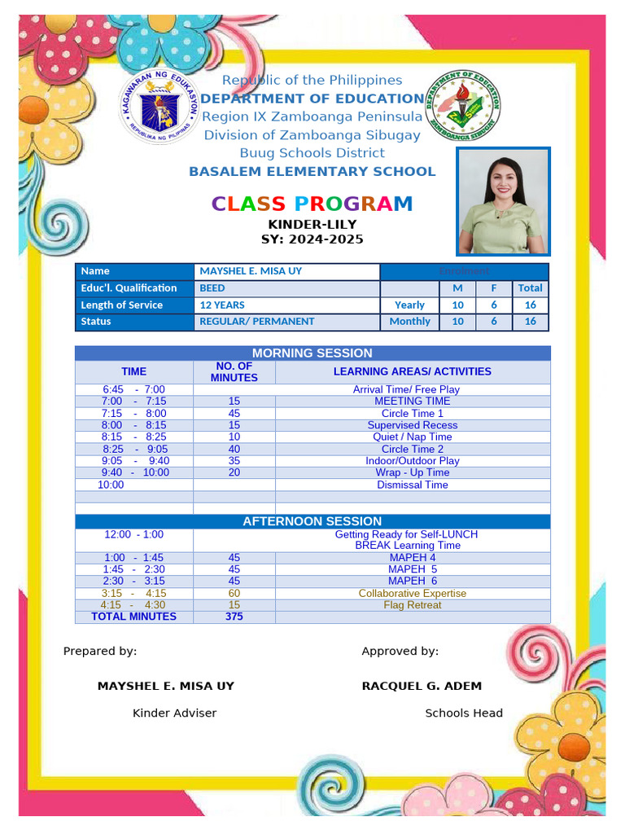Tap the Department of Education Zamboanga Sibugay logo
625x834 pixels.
tap(463, 106)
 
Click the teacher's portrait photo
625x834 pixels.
tap(504, 201)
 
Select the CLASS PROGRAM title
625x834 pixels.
tap(312, 204)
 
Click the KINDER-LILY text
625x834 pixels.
tap(312, 224)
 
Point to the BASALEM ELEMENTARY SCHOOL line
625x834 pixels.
tap(312, 171)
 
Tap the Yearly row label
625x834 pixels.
tap(409, 305)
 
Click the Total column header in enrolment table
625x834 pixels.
tap(530, 288)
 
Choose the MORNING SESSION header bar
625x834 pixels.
tap(312, 353)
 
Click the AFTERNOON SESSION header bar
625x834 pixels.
tap(312, 521)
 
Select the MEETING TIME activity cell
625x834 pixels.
tap(412, 401)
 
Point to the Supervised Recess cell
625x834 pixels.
tap(412, 425)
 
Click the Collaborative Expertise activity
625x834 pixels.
tap(412, 593)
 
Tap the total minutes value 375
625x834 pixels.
tap(234, 617)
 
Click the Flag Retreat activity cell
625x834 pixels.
tap(412, 605)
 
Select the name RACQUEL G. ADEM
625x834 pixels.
tap(422, 686)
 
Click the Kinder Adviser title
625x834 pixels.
tap(174, 713)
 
